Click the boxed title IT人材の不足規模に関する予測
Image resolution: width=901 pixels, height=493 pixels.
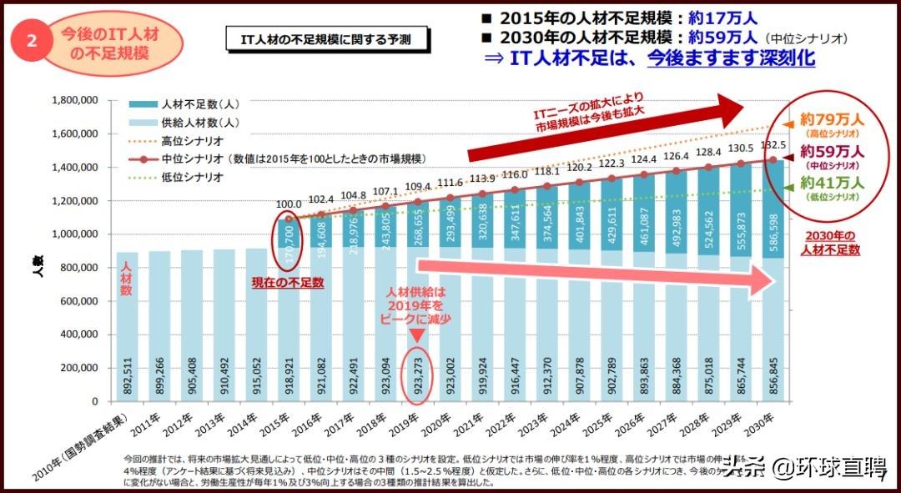click(x=325, y=38)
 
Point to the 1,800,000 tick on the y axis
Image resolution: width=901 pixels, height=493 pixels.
click(x=74, y=100)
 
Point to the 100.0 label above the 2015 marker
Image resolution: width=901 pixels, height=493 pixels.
click(x=289, y=204)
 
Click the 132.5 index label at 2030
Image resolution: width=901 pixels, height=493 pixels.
click(x=773, y=145)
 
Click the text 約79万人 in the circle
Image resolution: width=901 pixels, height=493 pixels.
click(x=832, y=119)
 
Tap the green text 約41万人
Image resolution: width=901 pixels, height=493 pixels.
click(x=832, y=184)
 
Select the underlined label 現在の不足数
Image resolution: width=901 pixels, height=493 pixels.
click(x=288, y=283)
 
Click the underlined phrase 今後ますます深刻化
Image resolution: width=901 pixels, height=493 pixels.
click(x=731, y=58)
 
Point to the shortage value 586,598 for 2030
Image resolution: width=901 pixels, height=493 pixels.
click(x=773, y=234)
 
